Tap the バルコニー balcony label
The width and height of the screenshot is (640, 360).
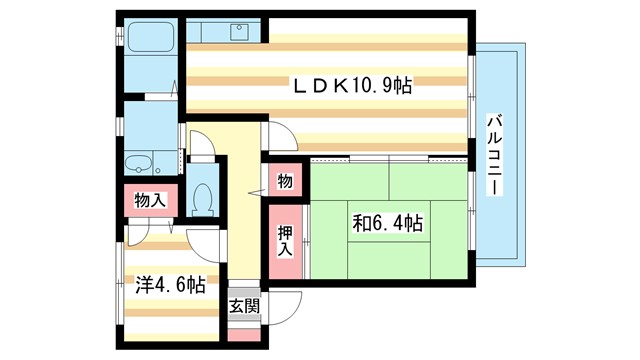[494, 155]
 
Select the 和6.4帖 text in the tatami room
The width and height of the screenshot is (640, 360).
[386, 222]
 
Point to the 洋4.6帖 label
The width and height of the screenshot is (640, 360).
[170, 285]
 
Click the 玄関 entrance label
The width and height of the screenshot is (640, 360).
[243, 306]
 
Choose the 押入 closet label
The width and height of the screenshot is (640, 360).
[285, 240]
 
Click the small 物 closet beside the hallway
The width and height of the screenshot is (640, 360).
[285, 181]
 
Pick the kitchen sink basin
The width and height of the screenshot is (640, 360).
[240, 33]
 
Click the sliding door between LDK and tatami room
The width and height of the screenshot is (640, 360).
[390, 158]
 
